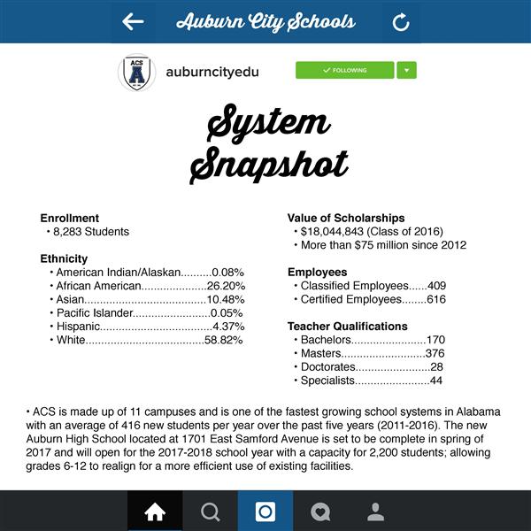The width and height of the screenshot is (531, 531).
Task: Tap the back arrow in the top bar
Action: pyautogui.click(x=133, y=21)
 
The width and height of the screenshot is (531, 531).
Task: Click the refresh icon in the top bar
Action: pyautogui.click(x=401, y=22)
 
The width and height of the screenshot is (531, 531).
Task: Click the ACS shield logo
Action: pyautogui.click(x=137, y=73)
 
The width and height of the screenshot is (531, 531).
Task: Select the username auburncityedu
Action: pyautogui.click(x=212, y=72)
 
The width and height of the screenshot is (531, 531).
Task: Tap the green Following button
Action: pyautogui.click(x=344, y=70)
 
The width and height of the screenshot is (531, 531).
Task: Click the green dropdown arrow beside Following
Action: pyautogui.click(x=407, y=70)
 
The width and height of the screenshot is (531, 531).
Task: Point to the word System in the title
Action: pyautogui.click(x=267, y=123)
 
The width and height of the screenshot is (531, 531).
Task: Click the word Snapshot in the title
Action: pyautogui.click(x=269, y=165)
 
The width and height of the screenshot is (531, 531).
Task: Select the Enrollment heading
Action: pyautogui.click(x=70, y=218)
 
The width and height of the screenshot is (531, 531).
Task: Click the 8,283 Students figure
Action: pyautogui.click(x=90, y=232)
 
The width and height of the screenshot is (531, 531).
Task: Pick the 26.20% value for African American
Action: pyautogui.click(x=225, y=286)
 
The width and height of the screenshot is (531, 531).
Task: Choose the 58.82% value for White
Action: pyautogui.click(x=223, y=340)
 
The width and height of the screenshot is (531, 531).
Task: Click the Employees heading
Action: pyautogui.click(x=318, y=272)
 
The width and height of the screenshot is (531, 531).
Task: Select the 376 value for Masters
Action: pyautogui.click(x=435, y=353)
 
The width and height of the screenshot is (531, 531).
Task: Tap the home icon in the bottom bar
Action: pyautogui.click(x=155, y=512)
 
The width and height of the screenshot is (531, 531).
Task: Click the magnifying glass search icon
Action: pyautogui.click(x=211, y=512)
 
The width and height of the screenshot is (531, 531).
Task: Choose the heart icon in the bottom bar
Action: pyautogui.click(x=320, y=512)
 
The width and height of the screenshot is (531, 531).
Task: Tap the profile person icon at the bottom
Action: pyautogui.click(x=375, y=512)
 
